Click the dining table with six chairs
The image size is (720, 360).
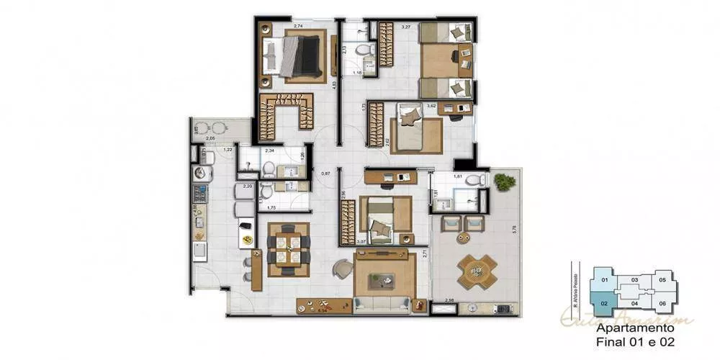coord(288,249)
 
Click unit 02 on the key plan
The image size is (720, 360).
coord(604,303)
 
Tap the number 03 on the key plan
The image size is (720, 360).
coord(634,279)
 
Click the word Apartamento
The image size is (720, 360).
coord(630,327)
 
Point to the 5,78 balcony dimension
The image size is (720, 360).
coord(513,229)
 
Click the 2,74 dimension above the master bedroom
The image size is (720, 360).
coord(297,26)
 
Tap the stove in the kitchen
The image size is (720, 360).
coord(199,193)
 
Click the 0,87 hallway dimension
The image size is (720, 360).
coord(325,173)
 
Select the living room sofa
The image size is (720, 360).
coord(382,305)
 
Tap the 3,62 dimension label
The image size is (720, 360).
coord(431,107)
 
